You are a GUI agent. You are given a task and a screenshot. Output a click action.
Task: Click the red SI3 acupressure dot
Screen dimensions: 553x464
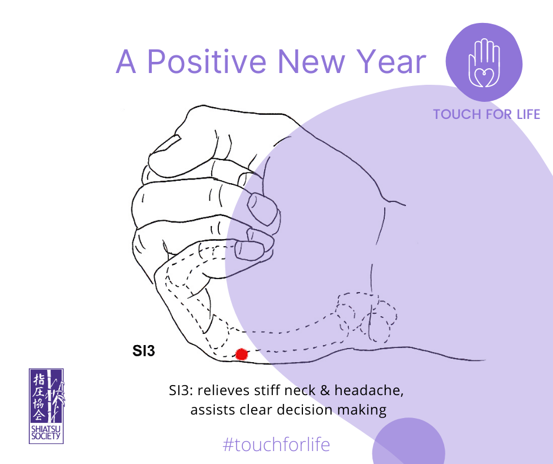(x=241, y=354)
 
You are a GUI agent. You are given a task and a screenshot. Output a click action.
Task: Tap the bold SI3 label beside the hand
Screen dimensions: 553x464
(x=144, y=351)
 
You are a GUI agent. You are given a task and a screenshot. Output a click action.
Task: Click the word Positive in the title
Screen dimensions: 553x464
(x=206, y=61)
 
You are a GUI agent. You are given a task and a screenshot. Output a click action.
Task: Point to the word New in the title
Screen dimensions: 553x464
(x=311, y=62)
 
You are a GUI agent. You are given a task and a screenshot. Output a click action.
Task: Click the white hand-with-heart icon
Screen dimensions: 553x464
(x=484, y=63)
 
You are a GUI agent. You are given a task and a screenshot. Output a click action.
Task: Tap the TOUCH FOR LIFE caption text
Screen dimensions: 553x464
(x=487, y=114)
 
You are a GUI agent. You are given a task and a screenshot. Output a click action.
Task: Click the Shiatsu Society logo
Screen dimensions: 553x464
(x=46, y=406)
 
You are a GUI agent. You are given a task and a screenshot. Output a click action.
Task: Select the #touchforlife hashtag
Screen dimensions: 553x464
(x=276, y=445)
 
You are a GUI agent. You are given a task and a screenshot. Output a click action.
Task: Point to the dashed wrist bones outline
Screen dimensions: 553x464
(x=367, y=317)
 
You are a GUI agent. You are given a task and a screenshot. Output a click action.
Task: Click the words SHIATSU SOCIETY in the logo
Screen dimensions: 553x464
(x=46, y=433)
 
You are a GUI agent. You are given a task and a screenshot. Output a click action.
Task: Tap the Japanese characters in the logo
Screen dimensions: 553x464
(x=39, y=397)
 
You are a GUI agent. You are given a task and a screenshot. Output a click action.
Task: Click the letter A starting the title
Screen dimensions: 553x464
(x=126, y=62)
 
